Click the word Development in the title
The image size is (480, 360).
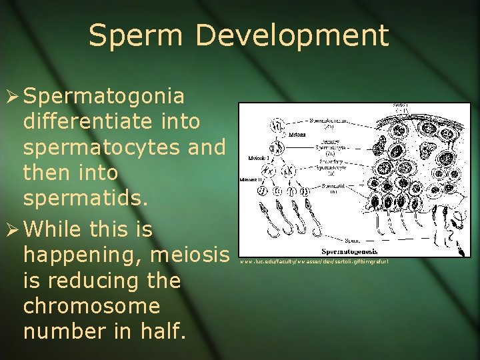tap(290, 35)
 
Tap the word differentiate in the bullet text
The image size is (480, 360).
tap(111, 122)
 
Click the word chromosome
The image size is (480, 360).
tap(91, 307)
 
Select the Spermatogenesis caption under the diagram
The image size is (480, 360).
tap(349, 251)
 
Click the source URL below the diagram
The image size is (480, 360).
tap(313, 263)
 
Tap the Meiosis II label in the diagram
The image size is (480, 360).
tap(251, 181)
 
